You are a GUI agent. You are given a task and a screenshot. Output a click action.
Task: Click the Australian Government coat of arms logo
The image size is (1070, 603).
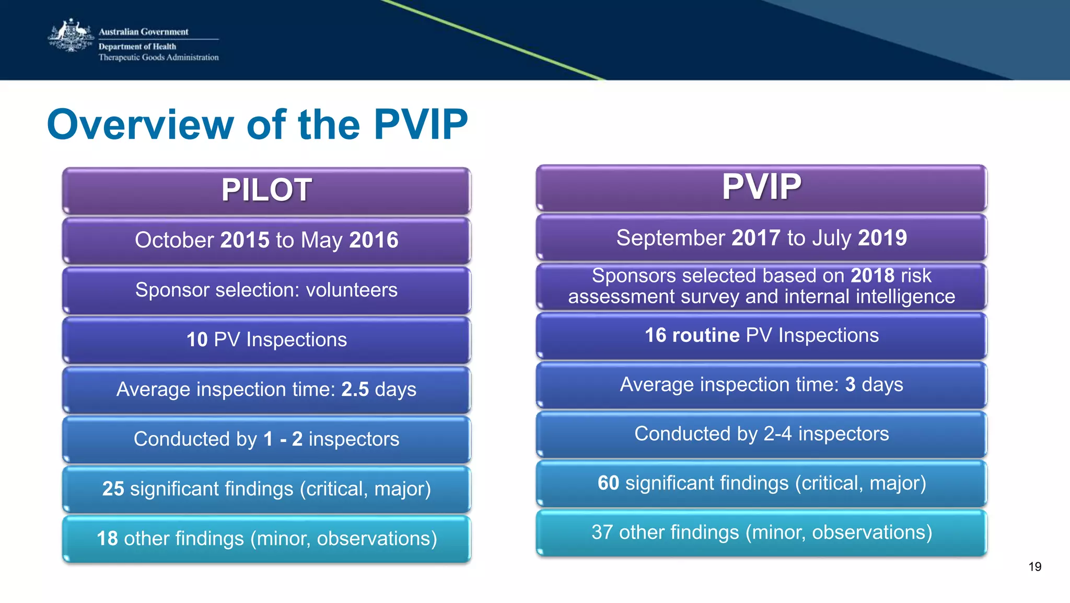(71, 36)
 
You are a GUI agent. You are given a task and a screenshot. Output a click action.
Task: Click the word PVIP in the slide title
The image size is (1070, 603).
(421, 124)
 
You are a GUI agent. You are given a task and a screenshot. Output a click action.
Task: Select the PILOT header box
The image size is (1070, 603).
(266, 190)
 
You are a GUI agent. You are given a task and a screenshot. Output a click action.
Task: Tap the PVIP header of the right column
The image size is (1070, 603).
(761, 187)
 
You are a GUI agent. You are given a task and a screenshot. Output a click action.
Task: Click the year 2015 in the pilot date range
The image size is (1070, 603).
(245, 240)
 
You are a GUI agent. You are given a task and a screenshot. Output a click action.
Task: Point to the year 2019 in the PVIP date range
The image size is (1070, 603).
(882, 238)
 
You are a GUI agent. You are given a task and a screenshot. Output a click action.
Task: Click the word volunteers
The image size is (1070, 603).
(352, 290)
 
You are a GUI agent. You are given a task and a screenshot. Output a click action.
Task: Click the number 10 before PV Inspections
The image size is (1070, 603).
(197, 340)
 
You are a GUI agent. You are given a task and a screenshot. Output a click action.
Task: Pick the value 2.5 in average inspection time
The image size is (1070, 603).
(355, 390)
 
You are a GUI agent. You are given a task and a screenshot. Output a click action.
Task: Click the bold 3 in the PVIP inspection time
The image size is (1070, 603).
(850, 384)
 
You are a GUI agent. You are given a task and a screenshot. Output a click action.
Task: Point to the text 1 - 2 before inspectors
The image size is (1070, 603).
(283, 439)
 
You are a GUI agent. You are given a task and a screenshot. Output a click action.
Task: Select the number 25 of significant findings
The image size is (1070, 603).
(113, 489)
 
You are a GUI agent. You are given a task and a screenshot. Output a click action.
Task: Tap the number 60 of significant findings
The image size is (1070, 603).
(608, 483)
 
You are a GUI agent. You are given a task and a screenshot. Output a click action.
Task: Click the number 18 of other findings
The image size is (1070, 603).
(107, 539)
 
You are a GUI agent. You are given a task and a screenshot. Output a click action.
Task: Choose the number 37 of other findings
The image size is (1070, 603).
(602, 532)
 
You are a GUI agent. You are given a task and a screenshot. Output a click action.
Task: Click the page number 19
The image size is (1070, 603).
(1034, 567)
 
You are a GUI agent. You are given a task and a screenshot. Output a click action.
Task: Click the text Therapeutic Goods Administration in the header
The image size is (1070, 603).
(158, 58)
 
